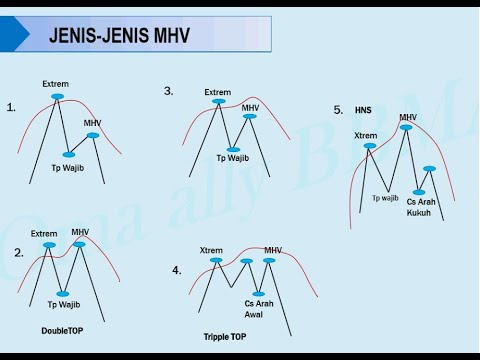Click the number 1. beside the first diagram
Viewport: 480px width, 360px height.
[x=12, y=105]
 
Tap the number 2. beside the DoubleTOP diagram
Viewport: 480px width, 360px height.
[x=19, y=253]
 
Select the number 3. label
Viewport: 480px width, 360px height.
[x=169, y=90]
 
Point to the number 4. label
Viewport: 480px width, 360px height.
[x=176, y=270]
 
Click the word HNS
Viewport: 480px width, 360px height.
[x=363, y=109]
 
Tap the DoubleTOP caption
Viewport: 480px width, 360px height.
[x=61, y=330]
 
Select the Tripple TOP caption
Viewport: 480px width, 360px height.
[x=224, y=337]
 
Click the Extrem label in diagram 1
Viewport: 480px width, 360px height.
[x=55, y=85]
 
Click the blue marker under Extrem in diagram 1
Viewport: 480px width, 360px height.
[x=56, y=97]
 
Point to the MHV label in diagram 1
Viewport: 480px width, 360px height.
[x=93, y=123]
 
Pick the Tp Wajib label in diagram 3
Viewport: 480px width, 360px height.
[x=233, y=158]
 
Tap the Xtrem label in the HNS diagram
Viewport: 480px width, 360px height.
[x=366, y=135]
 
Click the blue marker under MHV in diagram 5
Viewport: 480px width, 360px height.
[x=408, y=127]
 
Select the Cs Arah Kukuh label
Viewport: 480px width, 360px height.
[x=419, y=207]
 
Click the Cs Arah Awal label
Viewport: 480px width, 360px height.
[x=257, y=308]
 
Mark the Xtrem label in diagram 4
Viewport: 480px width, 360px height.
[x=211, y=250]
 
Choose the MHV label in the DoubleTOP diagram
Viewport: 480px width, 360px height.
[x=81, y=232]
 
